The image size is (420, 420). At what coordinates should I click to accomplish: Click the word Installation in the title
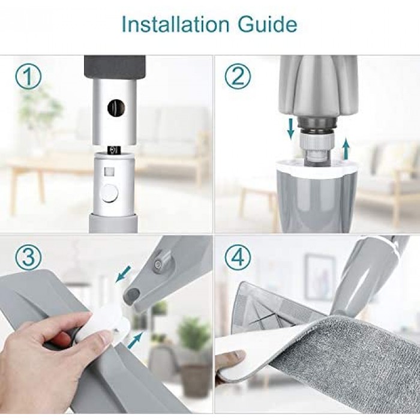175,25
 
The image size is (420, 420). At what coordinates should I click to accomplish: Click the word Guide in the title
268,25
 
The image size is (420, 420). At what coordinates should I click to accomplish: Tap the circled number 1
28,76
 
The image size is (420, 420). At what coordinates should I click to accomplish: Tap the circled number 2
238,76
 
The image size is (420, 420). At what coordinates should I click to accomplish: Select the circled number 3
28,256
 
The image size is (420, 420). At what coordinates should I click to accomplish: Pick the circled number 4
238,256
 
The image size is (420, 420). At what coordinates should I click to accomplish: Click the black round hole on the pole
116,107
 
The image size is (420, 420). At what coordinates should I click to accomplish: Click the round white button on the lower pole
111,193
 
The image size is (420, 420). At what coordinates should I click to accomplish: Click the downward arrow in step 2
290,130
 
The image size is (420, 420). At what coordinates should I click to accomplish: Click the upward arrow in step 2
347,149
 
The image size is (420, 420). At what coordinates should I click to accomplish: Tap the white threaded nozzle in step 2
317,150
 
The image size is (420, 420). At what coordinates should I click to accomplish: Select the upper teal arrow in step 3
123,274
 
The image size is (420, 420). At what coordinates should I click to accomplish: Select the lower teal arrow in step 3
136,340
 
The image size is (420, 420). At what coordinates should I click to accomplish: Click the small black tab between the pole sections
115,149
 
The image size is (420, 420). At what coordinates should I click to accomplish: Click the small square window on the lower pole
109,172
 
